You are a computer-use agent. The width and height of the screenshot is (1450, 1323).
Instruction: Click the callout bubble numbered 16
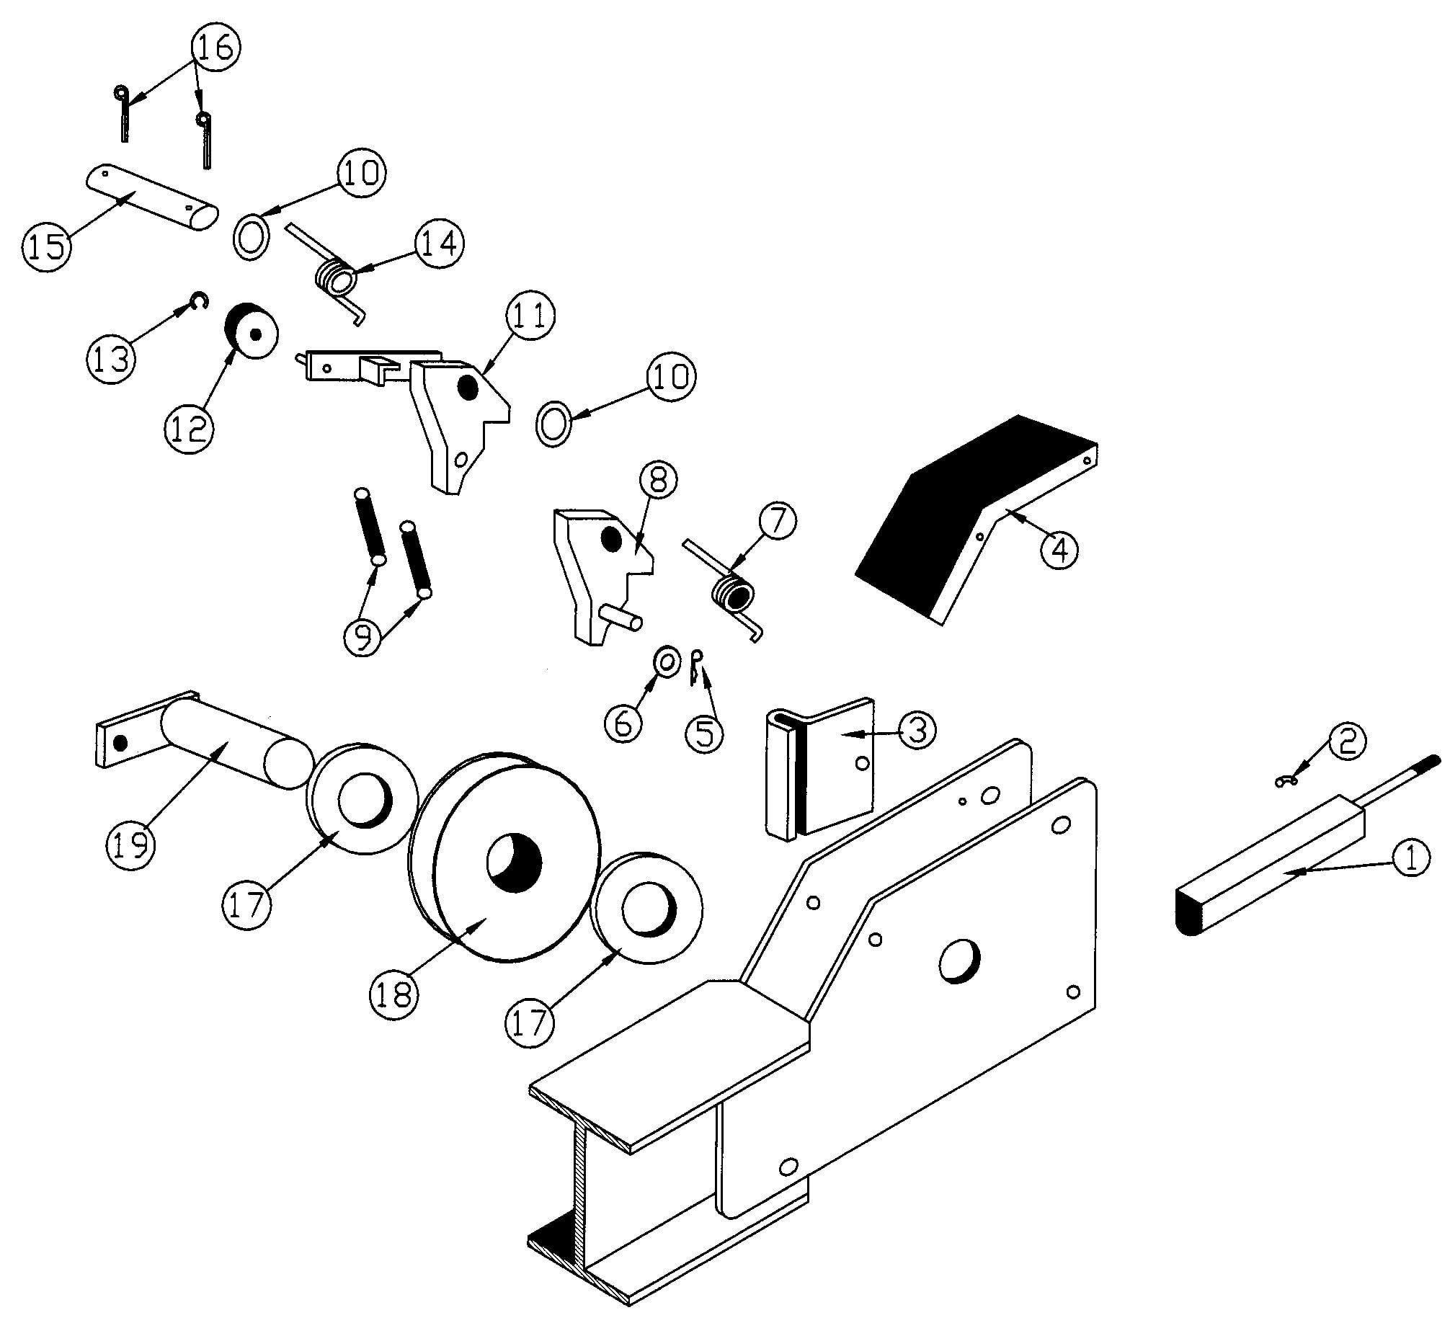click(x=215, y=48)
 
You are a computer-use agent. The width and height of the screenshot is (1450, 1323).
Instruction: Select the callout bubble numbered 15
click(x=47, y=245)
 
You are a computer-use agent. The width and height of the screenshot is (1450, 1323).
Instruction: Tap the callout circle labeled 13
click(x=112, y=359)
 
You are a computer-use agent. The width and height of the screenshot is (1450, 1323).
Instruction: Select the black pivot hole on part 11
click(x=468, y=388)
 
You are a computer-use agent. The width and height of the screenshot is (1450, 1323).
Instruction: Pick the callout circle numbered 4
click(x=1059, y=551)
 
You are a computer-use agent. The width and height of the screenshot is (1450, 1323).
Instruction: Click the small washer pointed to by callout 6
click(x=667, y=661)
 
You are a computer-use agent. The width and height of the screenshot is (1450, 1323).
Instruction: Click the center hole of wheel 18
click(x=514, y=863)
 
